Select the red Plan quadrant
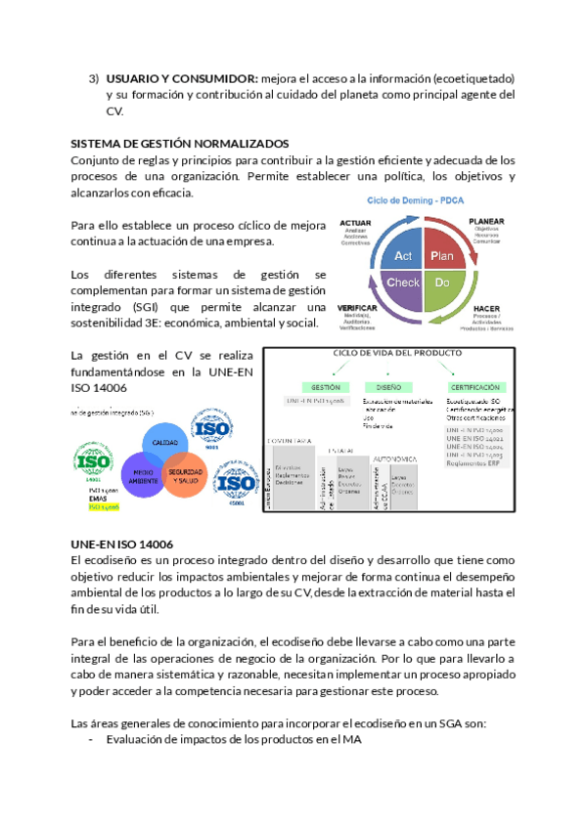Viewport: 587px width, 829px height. pyautogui.click(x=442, y=256)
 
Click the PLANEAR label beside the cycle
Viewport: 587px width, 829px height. pyautogui.click(x=487, y=222)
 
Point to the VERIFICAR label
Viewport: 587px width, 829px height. pyautogui.click(x=357, y=307)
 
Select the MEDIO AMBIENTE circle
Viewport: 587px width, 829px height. pyautogui.click(x=139, y=476)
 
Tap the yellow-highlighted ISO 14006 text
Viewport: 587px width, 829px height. pyautogui.click(x=104, y=507)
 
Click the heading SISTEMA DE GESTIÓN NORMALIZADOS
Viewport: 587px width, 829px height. pyautogui.click(x=180, y=143)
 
